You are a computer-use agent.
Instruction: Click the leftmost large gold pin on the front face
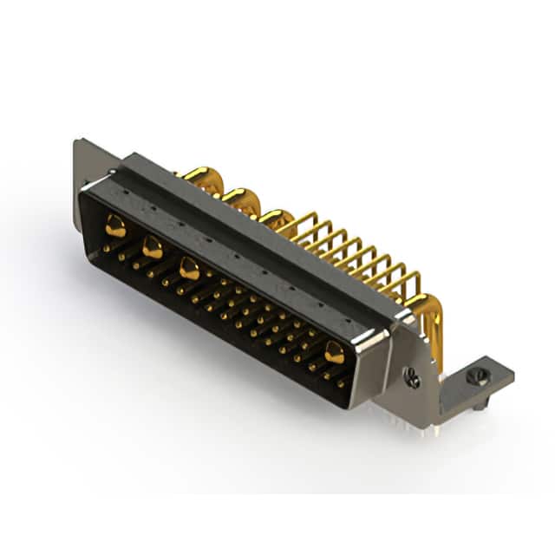(x=115, y=228)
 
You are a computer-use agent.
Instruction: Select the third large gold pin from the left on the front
(x=189, y=269)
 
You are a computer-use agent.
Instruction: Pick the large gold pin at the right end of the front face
(x=334, y=351)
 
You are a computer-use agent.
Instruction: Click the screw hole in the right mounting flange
(x=413, y=377)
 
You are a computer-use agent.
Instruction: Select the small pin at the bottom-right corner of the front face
(x=340, y=382)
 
